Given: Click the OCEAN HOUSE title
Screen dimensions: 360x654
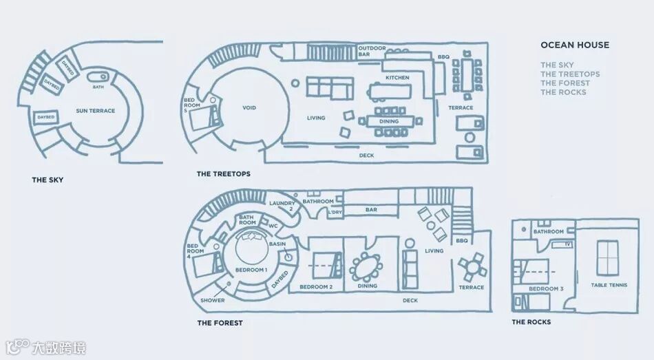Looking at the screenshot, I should (x=574, y=45).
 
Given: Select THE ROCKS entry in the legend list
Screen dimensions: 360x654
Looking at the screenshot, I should (x=563, y=92).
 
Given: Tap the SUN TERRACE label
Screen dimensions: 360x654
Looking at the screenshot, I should (x=96, y=111).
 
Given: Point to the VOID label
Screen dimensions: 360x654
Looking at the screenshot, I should (x=249, y=109).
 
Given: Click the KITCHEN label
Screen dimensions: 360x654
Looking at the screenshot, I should (x=397, y=78).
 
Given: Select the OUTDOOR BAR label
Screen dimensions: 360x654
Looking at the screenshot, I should (x=372, y=51).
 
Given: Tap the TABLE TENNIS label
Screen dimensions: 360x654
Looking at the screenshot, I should (x=609, y=285).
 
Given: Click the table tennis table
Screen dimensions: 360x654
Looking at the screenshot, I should (x=608, y=258).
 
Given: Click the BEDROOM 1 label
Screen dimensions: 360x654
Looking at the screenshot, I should (x=251, y=271).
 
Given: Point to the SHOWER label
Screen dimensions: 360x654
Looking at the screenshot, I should (x=213, y=301).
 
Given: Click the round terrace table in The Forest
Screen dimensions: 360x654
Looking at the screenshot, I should (x=472, y=265).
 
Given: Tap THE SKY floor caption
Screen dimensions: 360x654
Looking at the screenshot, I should (x=48, y=180).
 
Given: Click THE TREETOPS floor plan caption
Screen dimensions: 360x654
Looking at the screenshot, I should (x=223, y=174).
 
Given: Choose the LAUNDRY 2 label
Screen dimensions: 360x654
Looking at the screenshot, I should (x=282, y=206).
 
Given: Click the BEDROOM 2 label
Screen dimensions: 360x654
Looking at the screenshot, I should (x=316, y=287).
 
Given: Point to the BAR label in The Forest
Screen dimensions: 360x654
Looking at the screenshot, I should (x=371, y=209).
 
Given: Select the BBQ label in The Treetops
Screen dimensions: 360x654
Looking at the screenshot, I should (x=443, y=56).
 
